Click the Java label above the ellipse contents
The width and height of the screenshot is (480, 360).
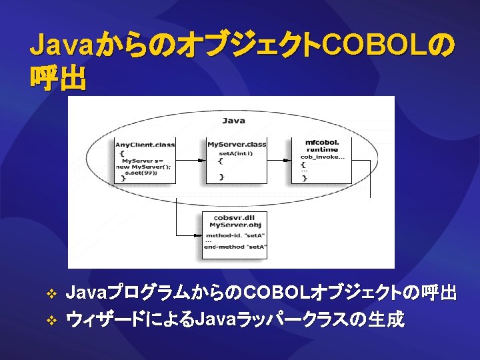tap(233, 121)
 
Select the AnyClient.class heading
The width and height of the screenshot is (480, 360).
tap(145, 145)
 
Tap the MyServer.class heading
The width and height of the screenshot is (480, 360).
tap(237, 145)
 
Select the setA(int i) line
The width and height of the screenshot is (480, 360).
tap(236, 153)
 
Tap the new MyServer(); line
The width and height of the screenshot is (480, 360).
tap(143, 167)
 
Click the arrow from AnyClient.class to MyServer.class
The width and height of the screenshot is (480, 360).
tap(189, 161)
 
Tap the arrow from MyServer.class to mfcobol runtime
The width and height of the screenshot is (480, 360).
tap(279, 161)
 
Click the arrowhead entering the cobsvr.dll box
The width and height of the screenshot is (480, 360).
tap(199, 235)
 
